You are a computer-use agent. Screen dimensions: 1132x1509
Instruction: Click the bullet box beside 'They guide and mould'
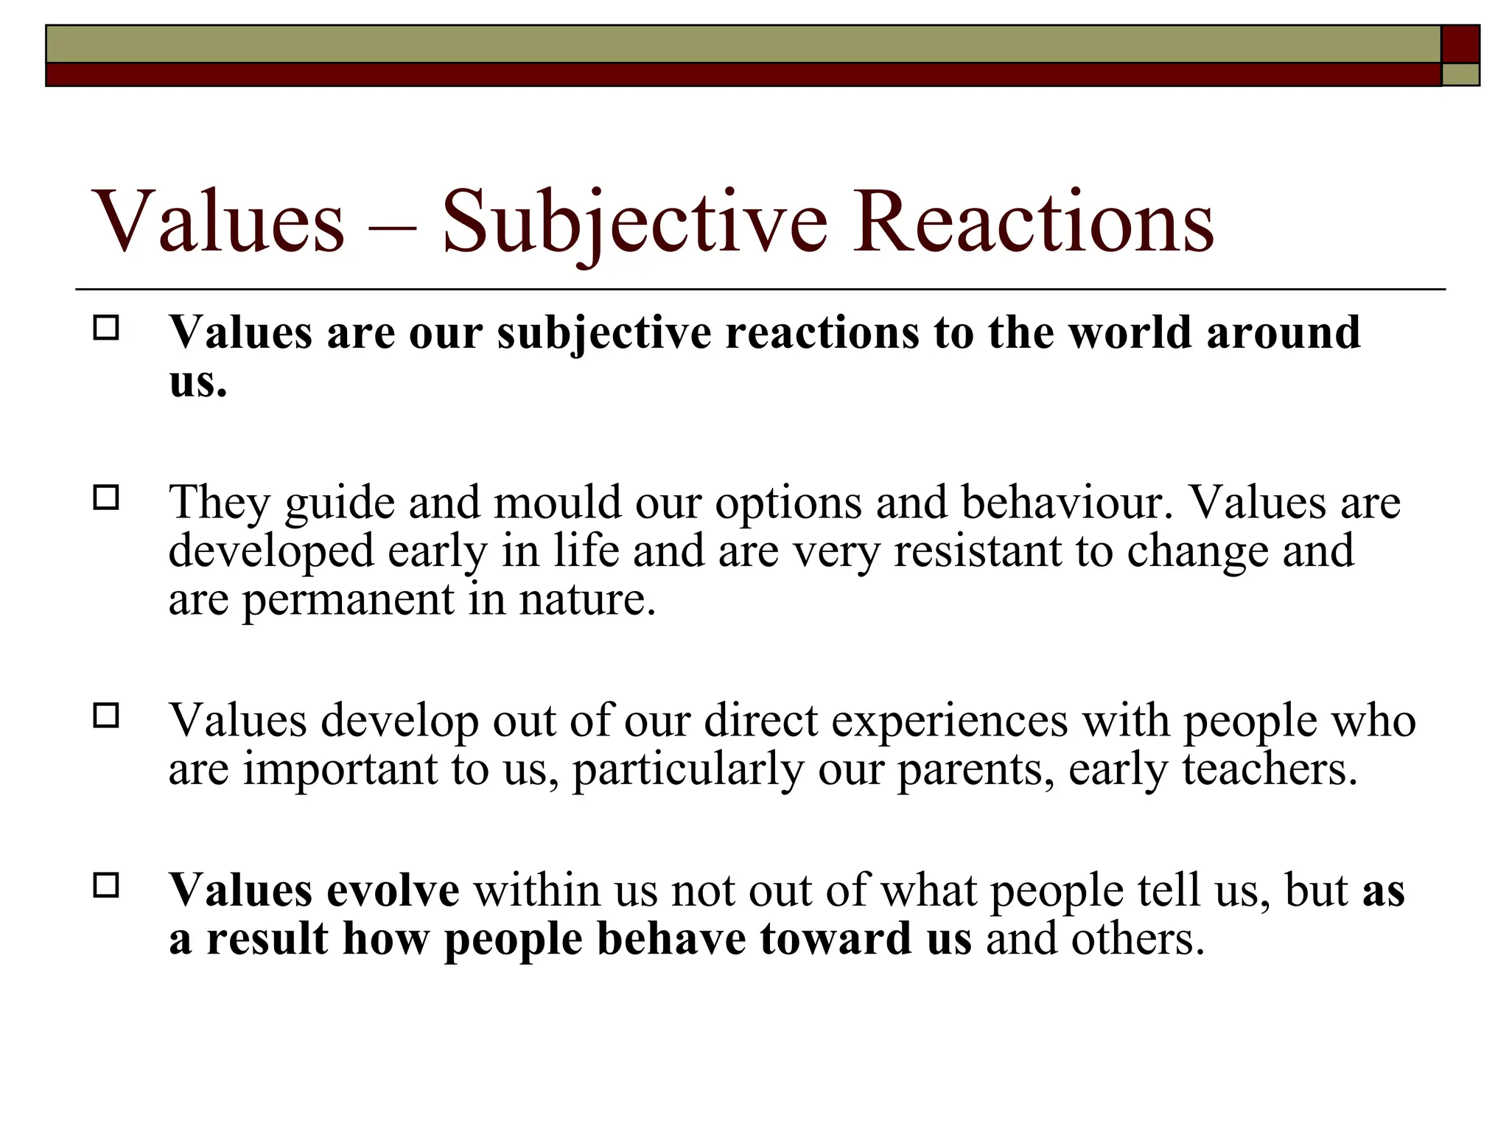coord(106,498)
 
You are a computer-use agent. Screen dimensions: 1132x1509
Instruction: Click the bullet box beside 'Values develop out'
coord(106,716)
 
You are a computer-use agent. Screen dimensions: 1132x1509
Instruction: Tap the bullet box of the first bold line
coord(106,328)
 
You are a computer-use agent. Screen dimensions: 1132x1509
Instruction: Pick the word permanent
coord(348,600)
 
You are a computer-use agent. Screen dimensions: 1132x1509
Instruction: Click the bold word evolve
coord(393,890)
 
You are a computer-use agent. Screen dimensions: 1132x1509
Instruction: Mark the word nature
coord(587,600)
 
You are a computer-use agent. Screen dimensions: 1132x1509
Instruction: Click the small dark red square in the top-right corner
coord(1460,43)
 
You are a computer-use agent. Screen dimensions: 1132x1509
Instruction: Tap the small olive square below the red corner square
coord(1460,74)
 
